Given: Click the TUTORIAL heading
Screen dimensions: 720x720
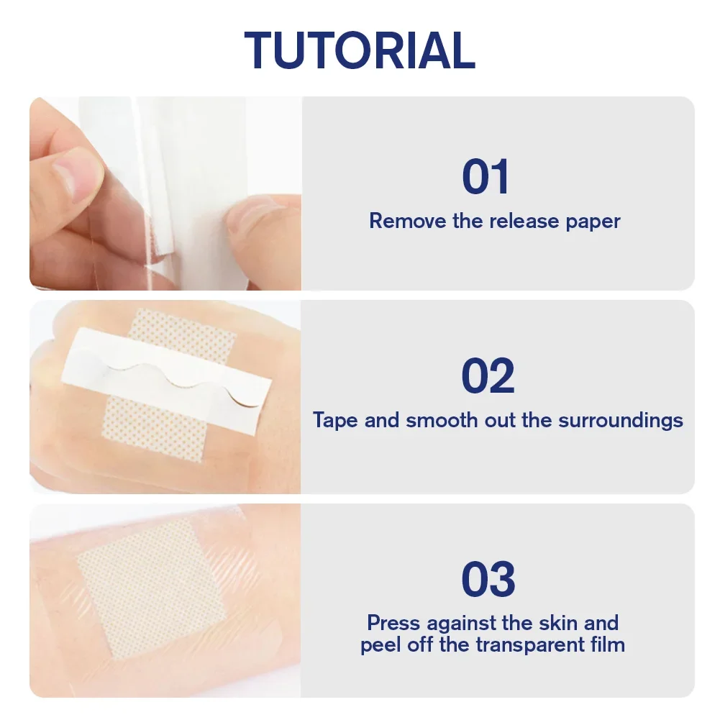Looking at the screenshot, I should coord(360,50).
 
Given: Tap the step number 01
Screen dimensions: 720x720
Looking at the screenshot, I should coord(486,177).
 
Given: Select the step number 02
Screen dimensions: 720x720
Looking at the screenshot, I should coord(488,376).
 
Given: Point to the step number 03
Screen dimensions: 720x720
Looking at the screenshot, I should coord(488,580).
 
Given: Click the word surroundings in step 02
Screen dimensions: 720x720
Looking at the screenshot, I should coord(616,421).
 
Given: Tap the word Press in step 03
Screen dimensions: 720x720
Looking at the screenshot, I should coord(394,622).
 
